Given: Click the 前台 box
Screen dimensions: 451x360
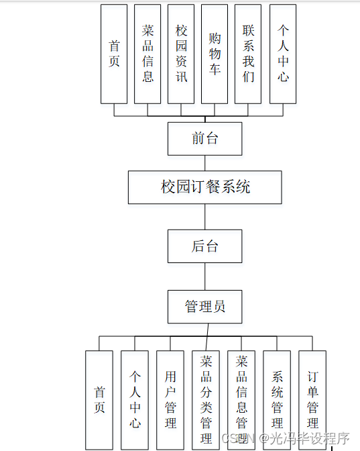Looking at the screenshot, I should tap(204, 138).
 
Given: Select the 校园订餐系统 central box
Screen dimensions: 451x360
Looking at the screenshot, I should tap(204, 187).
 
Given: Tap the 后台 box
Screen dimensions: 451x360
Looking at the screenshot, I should tap(204, 246).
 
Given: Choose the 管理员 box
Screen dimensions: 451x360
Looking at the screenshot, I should tap(204, 307).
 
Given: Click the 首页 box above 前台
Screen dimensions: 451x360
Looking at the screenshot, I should tap(114, 54).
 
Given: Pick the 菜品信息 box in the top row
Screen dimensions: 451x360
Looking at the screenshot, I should tap(147, 54).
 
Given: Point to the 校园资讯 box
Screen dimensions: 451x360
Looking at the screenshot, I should tap(181, 54).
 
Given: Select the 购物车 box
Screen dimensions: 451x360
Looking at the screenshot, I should tap(215, 54).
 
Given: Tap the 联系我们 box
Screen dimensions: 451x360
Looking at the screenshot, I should tap(249, 54).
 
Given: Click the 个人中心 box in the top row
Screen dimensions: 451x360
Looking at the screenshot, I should tap(283, 54).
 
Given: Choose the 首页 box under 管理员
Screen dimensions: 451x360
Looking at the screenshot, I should tap(99, 399).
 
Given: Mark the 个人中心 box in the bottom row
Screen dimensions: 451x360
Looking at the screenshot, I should tap(135, 399).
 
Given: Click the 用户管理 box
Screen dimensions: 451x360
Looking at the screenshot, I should tap(170, 399).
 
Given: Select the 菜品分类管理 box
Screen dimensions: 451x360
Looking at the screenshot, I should tap(206, 399).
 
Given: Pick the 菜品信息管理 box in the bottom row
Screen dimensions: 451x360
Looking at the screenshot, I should tap(241, 399).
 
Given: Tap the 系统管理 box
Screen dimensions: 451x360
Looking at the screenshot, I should tap(277, 399).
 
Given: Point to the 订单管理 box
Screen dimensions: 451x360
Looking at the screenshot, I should tap(312, 399).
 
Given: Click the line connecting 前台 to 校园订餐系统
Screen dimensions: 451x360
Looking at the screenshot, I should tap(204, 162).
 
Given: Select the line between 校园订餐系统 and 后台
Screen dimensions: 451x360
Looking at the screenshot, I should tap(205, 217).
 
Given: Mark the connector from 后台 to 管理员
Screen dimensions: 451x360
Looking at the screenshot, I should tap(205, 276).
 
